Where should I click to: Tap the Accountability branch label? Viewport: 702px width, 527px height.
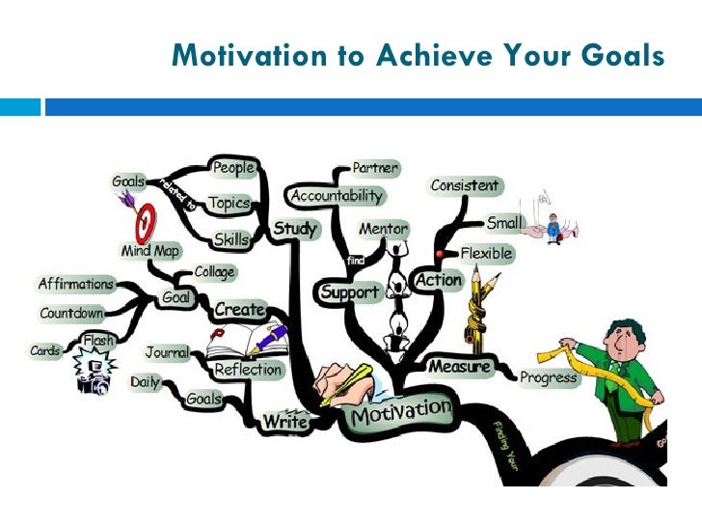point(336,196)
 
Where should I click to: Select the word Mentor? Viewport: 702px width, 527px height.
point(383,230)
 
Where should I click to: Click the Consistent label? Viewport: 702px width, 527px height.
point(465,185)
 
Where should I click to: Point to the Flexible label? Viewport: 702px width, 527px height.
point(487,254)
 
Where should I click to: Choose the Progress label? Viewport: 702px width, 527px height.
point(549,377)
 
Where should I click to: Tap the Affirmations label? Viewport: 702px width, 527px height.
point(75,285)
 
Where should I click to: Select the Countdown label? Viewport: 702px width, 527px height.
point(72,314)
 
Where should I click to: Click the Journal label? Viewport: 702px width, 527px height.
point(168,352)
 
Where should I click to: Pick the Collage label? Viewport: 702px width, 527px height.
point(214,273)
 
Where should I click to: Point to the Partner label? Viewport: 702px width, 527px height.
point(376,168)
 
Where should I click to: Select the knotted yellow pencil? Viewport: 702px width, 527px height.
point(477,309)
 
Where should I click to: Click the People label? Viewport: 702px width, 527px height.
point(232,168)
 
